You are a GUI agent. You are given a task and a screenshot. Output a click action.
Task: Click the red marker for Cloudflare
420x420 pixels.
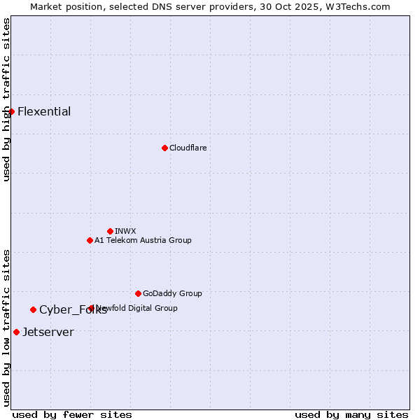coord(164,148)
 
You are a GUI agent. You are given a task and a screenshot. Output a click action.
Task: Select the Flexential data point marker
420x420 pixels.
coord(11,111)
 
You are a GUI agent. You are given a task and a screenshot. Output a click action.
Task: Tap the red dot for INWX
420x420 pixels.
coord(110,231)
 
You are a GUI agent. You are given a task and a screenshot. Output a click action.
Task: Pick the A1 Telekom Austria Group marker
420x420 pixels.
coord(90,240)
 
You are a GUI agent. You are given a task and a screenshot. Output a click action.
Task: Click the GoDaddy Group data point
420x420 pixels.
coord(138,293)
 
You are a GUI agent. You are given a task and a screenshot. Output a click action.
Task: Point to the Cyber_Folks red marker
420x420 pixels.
coord(33,309)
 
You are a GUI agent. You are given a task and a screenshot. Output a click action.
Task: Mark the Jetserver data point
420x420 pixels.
coord(16,332)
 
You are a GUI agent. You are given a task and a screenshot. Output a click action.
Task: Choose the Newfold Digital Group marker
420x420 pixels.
coord(92,308)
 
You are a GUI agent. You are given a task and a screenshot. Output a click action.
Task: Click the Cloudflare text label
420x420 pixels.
coord(188,148)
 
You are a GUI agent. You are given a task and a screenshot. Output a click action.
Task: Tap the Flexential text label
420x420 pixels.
coord(44,111)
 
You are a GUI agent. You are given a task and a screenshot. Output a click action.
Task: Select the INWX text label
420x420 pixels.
coord(125,231)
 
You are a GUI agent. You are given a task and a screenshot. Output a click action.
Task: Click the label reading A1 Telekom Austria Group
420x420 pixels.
coord(143,240)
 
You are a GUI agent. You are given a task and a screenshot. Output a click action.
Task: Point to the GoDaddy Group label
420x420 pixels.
coord(172,293)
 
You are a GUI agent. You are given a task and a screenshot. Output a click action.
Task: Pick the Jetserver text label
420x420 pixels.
coord(48,332)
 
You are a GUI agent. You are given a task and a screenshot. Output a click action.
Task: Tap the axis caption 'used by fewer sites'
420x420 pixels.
coord(72,414)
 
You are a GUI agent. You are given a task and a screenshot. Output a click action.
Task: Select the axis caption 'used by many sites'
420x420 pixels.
coord(351,414)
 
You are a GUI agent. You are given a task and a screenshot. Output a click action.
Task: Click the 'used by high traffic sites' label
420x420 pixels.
coord(6,99)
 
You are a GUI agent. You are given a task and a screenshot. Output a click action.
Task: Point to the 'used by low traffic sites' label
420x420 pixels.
coord(6,327)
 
